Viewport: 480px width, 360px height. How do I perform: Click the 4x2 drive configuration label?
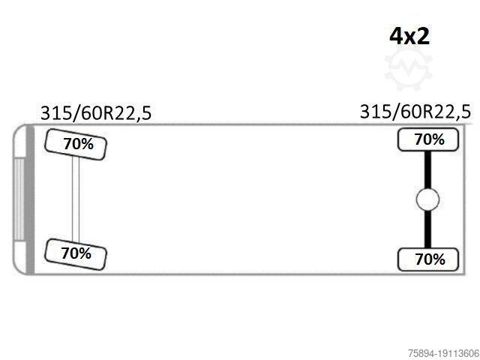pyautogui.click(x=409, y=37)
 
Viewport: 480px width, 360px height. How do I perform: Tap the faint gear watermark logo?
pyautogui.click(x=408, y=70)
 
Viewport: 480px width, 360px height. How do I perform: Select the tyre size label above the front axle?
pyautogui.click(x=96, y=113)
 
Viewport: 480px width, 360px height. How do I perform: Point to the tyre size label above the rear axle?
pyautogui.click(x=415, y=112)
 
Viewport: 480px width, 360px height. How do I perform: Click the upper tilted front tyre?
pyautogui.click(x=76, y=145)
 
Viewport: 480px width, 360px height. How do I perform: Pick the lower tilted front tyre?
pyautogui.click(x=76, y=254)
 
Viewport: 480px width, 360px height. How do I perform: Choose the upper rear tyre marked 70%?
pyautogui.click(x=428, y=140)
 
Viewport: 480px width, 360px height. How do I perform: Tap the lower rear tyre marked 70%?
pyautogui.click(x=428, y=259)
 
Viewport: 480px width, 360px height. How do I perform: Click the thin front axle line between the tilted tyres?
pyautogui.click(x=76, y=199)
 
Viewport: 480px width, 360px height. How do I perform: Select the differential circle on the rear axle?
pyautogui.click(x=427, y=199)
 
